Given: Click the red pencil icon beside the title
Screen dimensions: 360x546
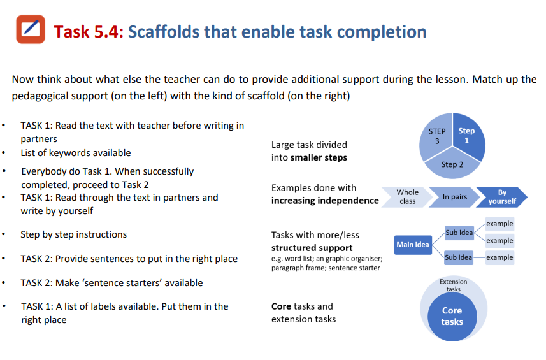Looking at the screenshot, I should coord(30,29).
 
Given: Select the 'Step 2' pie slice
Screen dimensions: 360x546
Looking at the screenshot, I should coord(452,164).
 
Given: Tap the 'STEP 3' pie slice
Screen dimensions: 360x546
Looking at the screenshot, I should coord(436,136).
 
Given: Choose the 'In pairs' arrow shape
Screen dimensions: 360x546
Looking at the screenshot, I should coord(454,197).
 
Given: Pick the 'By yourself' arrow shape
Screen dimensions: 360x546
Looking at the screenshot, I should coord(502,197).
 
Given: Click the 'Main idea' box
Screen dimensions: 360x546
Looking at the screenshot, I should coord(413,245).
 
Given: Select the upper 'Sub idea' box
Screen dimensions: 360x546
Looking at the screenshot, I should coord(459,233).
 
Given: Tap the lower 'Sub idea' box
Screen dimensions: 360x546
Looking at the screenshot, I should coord(459,257).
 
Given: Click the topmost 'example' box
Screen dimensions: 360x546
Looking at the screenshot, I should coord(499,224).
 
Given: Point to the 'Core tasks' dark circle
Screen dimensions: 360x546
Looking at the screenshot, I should coord(452,315).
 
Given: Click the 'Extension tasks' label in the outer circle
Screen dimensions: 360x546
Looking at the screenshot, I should coord(453,285).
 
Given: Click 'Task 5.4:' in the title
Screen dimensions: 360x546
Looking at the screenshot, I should coord(89,31).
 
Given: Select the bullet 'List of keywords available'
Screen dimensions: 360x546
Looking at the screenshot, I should coord(75,153).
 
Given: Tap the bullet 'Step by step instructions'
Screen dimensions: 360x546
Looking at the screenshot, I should coord(73,234).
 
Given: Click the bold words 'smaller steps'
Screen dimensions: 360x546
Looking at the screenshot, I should coord(319,157).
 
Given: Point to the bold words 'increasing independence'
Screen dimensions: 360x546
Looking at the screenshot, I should coord(325,201).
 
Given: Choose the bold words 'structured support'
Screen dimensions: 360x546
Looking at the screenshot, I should coord(312,247).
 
